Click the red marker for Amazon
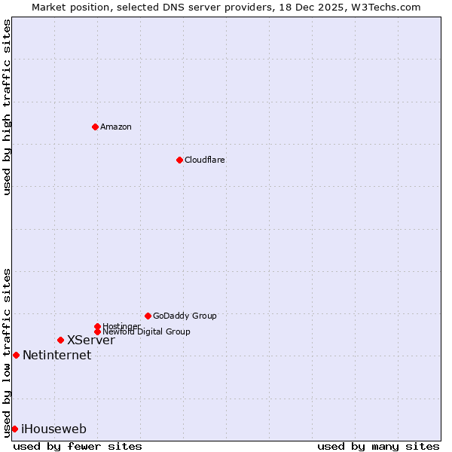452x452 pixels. pos(95,127)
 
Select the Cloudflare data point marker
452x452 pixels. pos(179,160)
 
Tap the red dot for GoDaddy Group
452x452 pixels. pos(148,316)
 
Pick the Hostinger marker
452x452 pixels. pos(97,326)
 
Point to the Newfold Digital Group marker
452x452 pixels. pos(97,331)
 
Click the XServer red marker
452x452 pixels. pos(60,340)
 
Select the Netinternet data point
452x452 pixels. pos(16,355)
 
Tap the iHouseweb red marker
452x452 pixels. pos(14,429)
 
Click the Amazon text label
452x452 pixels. pos(115,127)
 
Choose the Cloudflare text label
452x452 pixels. pos(204,160)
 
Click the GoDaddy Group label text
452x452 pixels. pos(185,316)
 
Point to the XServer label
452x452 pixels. pos(90,341)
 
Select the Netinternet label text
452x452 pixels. pos(56,356)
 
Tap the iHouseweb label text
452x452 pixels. pos(53,429)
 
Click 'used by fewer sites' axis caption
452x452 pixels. pos(78,446)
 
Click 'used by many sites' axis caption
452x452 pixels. pos(378,446)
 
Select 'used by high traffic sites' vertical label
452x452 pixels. pos(7,107)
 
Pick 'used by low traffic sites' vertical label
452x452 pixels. pos(7,352)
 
